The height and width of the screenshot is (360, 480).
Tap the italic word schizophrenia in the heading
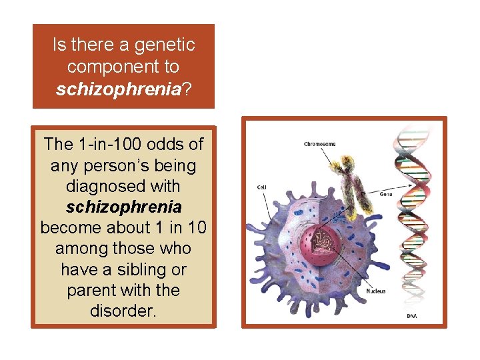pyautogui.click(x=117, y=89)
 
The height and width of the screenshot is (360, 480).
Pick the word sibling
pyautogui.click(x=137, y=269)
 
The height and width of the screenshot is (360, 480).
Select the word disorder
pyautogui.click(x=123, y=311)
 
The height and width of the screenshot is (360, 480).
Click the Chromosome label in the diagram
pyautogui.click(x=319, y=144)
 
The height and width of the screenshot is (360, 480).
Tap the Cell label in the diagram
pyautogui.click(x=262, y=187)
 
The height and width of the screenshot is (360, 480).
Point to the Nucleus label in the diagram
pyautogui.click(x=375, y=291)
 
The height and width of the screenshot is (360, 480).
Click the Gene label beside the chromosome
pyautogui.click(x=385, y=194)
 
